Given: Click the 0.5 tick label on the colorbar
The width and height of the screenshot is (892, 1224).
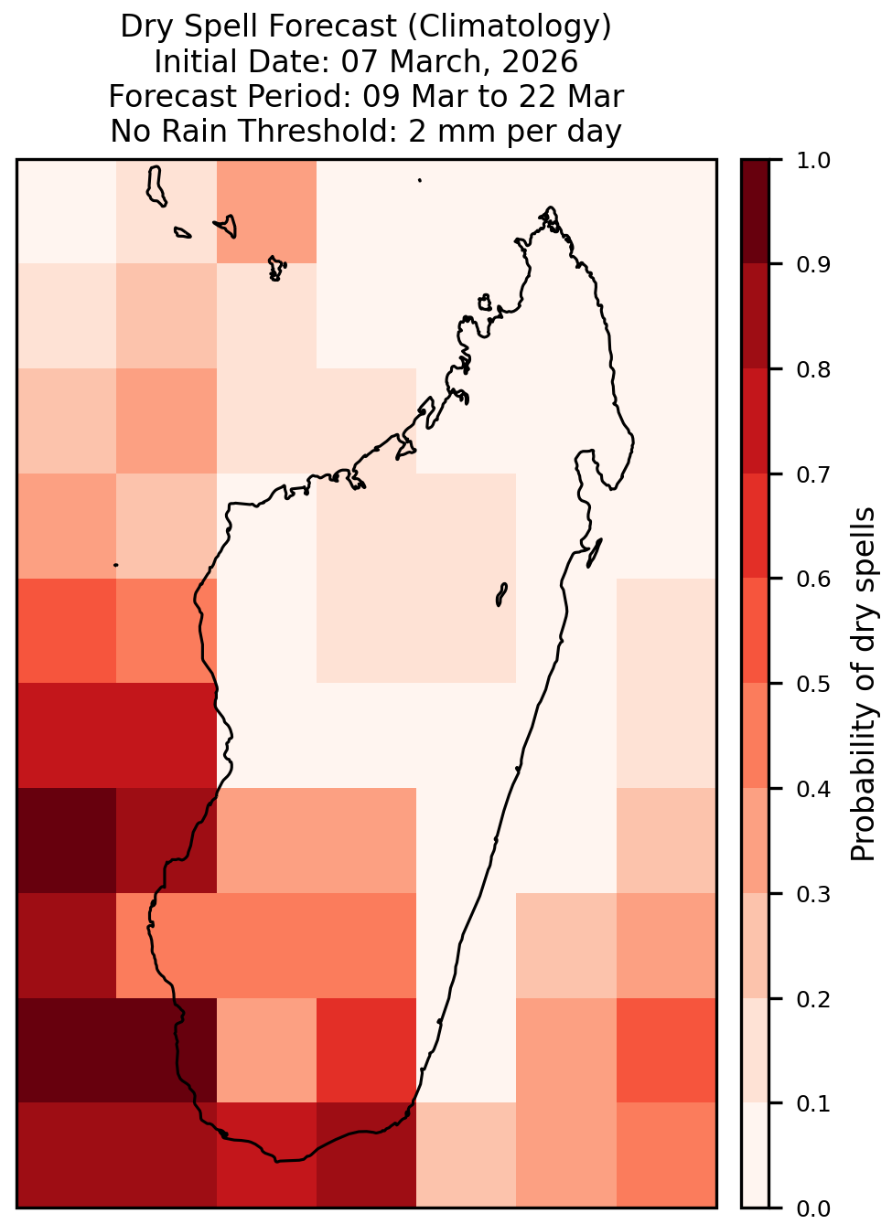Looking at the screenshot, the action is tap(813, 684).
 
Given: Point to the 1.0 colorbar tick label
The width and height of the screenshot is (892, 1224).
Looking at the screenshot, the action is tap(813, 160).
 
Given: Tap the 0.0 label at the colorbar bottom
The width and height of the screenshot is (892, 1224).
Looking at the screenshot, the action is tap(813, 1208).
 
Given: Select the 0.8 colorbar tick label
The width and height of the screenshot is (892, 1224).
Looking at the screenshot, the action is tap(813, 370).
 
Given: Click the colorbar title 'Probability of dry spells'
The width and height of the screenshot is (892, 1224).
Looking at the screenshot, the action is tap(863, 684).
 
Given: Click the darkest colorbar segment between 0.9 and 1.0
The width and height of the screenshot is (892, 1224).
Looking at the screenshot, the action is tap(756, 211).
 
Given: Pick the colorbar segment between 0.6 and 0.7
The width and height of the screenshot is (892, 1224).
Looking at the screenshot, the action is tap(756, 526).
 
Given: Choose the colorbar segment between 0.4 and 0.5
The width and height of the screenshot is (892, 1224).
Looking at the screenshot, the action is tap(756, 736).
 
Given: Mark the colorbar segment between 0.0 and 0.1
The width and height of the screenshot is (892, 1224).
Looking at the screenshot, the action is tap(756, 1155).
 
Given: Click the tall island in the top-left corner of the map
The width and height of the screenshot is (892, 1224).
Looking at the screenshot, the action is tap(156, 186).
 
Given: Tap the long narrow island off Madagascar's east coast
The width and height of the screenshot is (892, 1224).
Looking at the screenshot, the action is tap(595, 553).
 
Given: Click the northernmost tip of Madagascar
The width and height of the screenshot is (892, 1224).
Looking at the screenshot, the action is tap(550, 208).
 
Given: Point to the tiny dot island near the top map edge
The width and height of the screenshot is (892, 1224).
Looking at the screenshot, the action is tap(420, 180).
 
